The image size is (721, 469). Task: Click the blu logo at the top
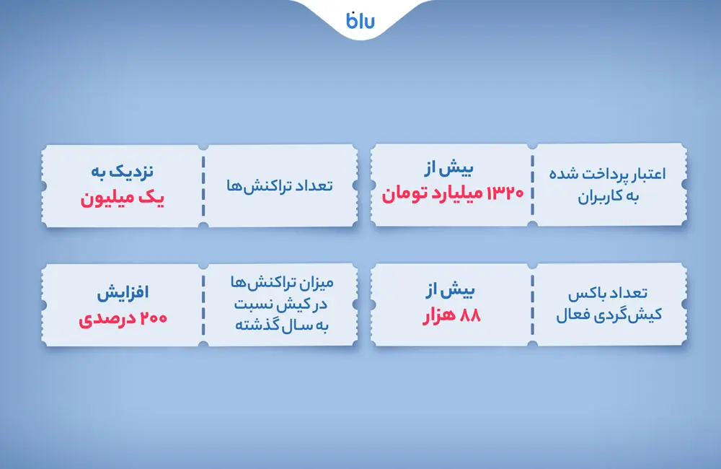pos(360,20)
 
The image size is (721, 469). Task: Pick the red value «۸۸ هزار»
pos(451,315)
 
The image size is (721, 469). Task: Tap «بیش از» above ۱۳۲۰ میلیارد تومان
pos(451,170)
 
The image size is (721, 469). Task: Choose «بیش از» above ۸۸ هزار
pos(451,292)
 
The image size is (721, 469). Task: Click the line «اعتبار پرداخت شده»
pos(610,174)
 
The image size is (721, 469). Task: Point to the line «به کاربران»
pos(610,196)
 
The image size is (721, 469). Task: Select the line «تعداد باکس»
pos(610,294)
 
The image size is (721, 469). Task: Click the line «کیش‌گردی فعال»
pos(610,316)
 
